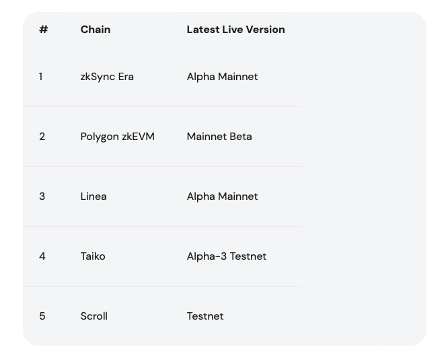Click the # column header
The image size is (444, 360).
point(43,29)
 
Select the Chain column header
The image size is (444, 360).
point(96,29)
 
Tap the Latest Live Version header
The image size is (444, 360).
point(235,29)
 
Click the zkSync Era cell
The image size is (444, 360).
point(107,77)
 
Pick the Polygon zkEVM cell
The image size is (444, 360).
point(118,137)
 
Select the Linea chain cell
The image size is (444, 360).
point(94,196)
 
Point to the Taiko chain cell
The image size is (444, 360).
point(93,256)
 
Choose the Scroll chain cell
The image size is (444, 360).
point(94,316)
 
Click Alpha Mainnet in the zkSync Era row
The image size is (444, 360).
point(222,77)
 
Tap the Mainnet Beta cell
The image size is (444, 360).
point(219,137)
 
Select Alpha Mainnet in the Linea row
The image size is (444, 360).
point(222,196)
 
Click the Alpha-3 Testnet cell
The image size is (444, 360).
point(227,256)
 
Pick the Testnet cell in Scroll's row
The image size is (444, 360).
point(205,316)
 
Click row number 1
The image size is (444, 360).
point(41,77)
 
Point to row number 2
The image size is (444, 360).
point(42,137)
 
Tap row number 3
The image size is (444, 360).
point(42,196)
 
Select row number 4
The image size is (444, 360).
point(42,256)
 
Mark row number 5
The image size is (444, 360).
point(42,316)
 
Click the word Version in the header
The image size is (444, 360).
point(265,29)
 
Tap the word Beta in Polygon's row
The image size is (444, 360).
point(241,137)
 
